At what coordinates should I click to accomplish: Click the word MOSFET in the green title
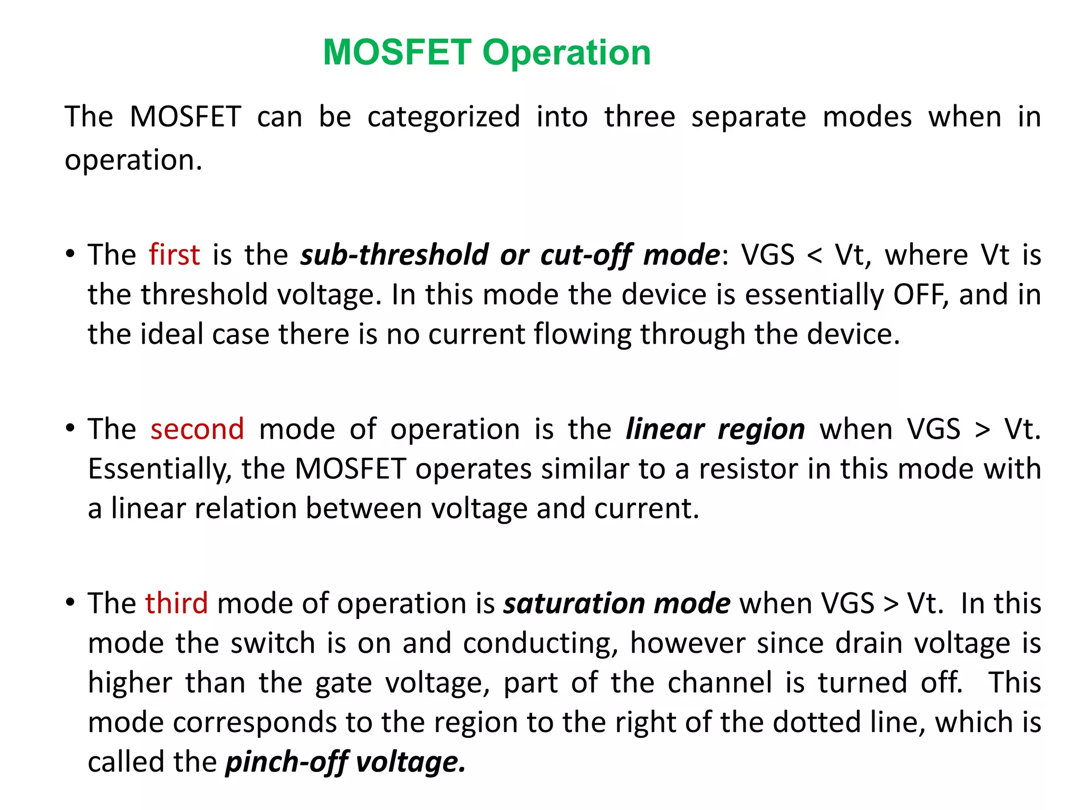(x=397, y=53)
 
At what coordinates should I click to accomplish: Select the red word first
(x=174, y=255)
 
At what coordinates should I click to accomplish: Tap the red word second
(x=197, y=429)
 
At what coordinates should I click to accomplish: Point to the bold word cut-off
(x=585, y=255)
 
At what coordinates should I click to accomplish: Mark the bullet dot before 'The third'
(x=70, y=603)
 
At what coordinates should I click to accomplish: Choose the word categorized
(x=443, y=117)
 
